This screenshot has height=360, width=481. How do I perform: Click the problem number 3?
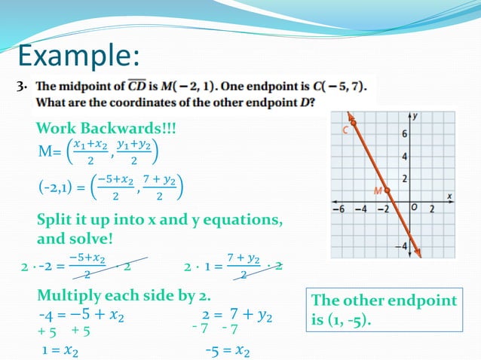[x=21, y=87]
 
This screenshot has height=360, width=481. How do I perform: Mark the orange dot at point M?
[x=387, y=190]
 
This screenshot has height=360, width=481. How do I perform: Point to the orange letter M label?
[x=378, y=191]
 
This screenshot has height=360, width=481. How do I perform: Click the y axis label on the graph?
[x=415, y=116]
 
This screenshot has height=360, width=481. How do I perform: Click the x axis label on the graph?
[x=449, y=194]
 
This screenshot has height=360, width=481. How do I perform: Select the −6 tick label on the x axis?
[x=341, y=209]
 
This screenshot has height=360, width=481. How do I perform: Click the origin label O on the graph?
[x=413, y=208]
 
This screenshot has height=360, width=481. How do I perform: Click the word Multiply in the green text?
[x=73, y=294]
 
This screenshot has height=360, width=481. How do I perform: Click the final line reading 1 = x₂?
[x=61, y=350]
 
